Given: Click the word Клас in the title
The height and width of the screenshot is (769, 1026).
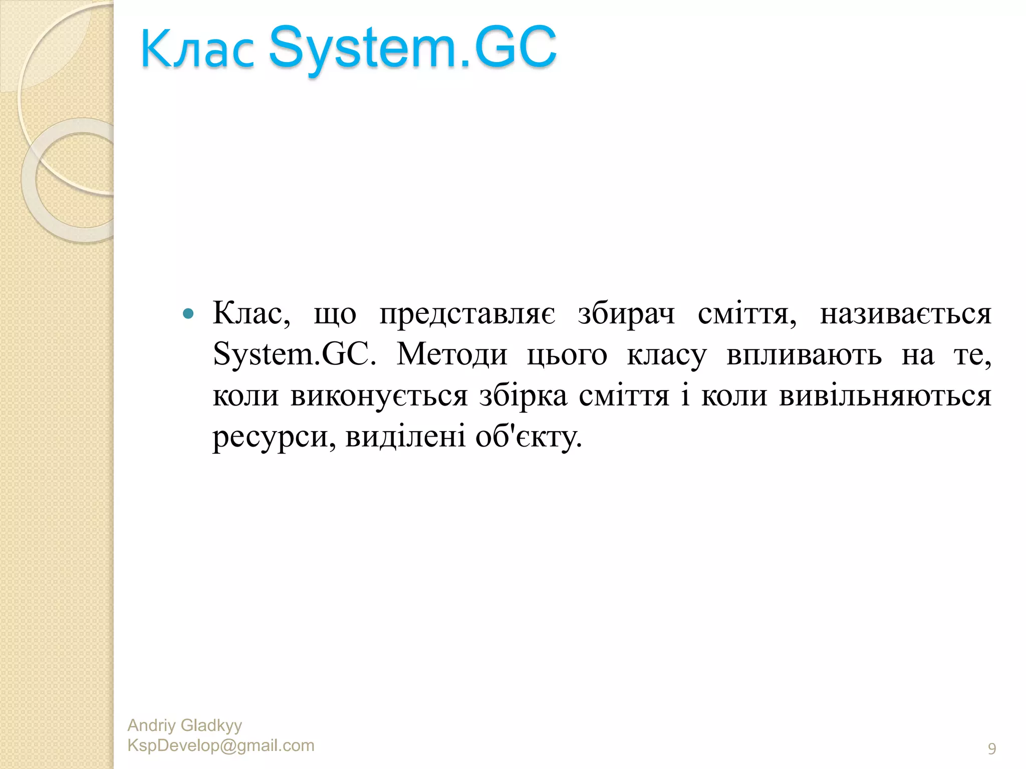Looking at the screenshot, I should tap(197, 49).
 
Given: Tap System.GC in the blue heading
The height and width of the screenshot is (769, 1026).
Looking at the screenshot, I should tap(413, 48).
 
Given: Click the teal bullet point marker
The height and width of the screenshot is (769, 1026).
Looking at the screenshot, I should tap(188, 314).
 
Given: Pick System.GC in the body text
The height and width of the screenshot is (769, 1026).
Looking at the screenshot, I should tap(294, 355).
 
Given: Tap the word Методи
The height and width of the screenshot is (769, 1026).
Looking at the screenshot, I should tap(452, 355).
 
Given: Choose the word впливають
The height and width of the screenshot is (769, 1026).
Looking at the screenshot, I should tap(804, 355).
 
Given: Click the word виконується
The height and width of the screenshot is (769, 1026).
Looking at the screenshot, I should tap(379, 396).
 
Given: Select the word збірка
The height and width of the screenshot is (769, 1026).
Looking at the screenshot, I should tap(523, 396).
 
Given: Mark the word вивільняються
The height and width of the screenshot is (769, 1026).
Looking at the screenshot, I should tap(885, 396).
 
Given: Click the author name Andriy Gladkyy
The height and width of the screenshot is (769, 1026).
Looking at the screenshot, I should tap(184, 725).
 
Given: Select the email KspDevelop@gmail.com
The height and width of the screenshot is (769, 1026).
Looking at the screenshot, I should tap(221, 745).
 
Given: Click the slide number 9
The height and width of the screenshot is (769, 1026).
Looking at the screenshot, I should tap(991, 749).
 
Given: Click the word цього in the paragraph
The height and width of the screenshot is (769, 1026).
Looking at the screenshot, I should tap(567, 355).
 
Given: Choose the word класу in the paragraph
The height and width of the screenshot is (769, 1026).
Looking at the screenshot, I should tap(666, 355).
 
